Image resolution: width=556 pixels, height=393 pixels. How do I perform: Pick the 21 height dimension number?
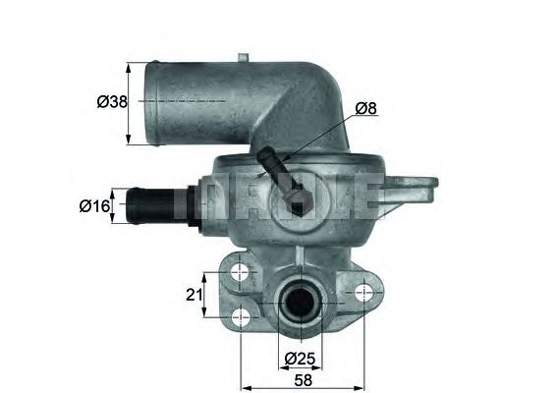pos(194,295)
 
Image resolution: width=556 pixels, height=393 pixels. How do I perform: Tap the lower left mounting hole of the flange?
pos(241,317)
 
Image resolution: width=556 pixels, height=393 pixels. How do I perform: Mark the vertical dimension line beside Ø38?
pos(129,102)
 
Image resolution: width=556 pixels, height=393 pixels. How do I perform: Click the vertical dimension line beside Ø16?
pos(116,206)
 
